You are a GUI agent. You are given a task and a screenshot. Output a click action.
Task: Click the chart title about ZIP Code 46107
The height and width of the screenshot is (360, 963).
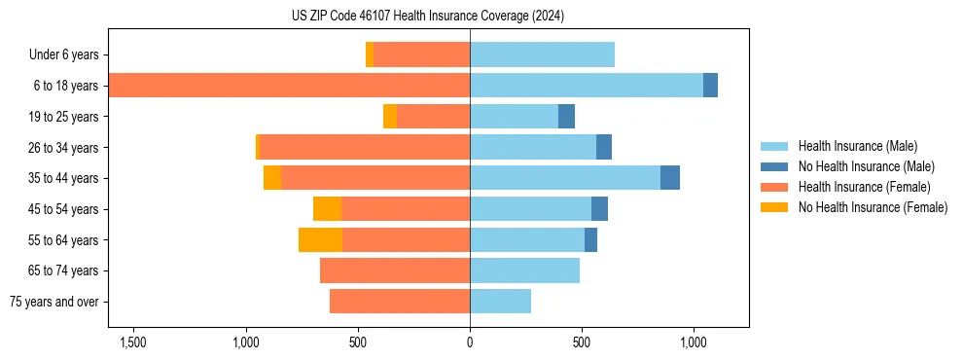click(x=428, y=16)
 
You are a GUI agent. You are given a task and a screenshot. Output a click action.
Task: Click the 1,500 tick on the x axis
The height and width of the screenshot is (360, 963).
click(x=132, y=342)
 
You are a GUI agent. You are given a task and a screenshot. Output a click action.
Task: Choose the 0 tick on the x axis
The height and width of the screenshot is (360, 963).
click(x=470, y=342)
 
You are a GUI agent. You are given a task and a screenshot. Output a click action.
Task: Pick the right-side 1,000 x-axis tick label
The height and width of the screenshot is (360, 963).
click(x=694, y=342)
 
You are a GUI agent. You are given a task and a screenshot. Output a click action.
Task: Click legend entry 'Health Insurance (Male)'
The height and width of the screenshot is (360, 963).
click(x=857, y=146)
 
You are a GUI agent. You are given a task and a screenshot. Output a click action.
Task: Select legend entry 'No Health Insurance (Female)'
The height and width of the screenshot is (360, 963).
click(x=873, y=207)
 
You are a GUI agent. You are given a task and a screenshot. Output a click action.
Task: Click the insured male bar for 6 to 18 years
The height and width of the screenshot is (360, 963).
click(x=587, y=86)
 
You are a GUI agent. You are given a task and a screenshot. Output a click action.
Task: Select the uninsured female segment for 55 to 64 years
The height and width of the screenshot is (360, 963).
click(x=320, y=239)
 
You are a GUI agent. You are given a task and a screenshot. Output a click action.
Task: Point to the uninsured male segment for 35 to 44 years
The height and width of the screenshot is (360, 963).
click(x=670, y=178)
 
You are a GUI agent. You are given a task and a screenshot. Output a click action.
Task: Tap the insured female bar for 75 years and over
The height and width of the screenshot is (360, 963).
click(x=400, y=302)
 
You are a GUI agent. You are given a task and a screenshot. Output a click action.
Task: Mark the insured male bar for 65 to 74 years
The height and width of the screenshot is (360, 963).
click(x=524, y=270)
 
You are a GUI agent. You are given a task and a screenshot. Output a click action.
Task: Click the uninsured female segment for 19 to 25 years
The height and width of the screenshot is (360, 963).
click(x=390, y=117)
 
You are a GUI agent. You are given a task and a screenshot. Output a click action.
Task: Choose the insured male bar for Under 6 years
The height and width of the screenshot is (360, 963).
click(x=542, y=55)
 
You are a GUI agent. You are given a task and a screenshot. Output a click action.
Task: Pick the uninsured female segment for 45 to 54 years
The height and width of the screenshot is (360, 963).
click(x=327, y=209)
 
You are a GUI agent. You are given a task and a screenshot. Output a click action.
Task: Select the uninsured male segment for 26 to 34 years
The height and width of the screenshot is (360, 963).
click(x=604, y=147)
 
